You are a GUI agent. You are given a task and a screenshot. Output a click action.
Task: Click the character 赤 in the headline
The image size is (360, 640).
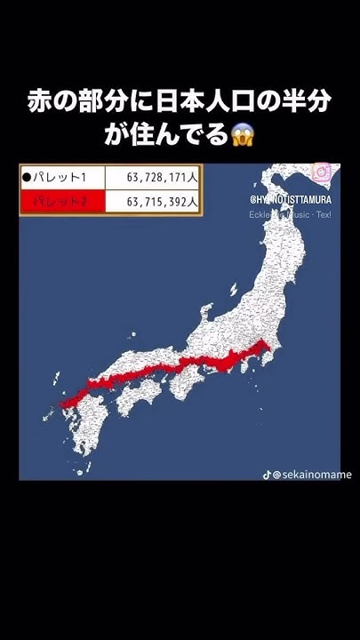41,102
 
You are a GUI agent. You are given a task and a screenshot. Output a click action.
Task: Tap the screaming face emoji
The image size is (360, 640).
242,136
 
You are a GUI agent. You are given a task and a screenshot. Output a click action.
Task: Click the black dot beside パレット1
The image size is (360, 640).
27,177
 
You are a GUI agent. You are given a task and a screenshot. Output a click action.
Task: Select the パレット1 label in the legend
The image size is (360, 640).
64,177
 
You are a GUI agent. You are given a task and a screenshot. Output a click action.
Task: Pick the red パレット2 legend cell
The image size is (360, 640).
62,202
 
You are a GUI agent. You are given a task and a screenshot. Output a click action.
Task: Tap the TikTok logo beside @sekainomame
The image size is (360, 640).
267,474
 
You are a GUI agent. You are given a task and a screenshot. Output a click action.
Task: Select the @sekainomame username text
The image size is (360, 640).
312,475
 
